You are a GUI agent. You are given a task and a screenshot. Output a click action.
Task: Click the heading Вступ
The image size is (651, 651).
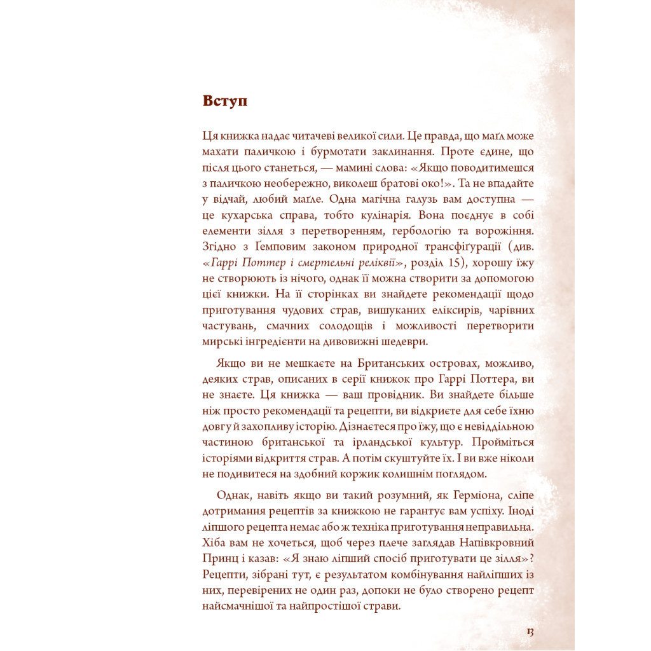tap(225, 101)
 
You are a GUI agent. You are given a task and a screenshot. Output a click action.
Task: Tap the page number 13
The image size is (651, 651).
tap(529, 631)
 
